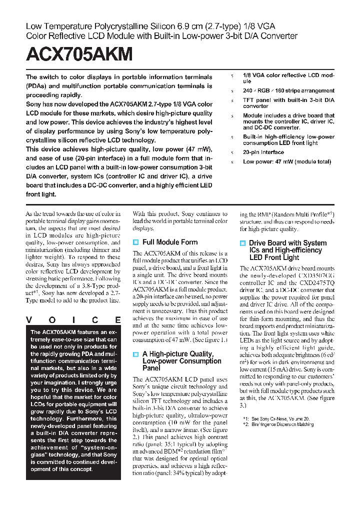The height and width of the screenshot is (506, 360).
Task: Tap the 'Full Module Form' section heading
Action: (x=170, y=242)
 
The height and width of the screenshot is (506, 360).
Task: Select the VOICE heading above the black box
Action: (x=72, y=320)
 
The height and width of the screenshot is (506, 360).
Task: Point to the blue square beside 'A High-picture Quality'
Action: (x=135, y=354)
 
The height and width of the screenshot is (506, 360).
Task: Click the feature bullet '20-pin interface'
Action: (x=263, y=152)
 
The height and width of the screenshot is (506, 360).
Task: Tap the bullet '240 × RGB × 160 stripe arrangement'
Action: (x=288, y=91)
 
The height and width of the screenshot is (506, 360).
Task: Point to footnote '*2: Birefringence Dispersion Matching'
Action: (x=278, y=424)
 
